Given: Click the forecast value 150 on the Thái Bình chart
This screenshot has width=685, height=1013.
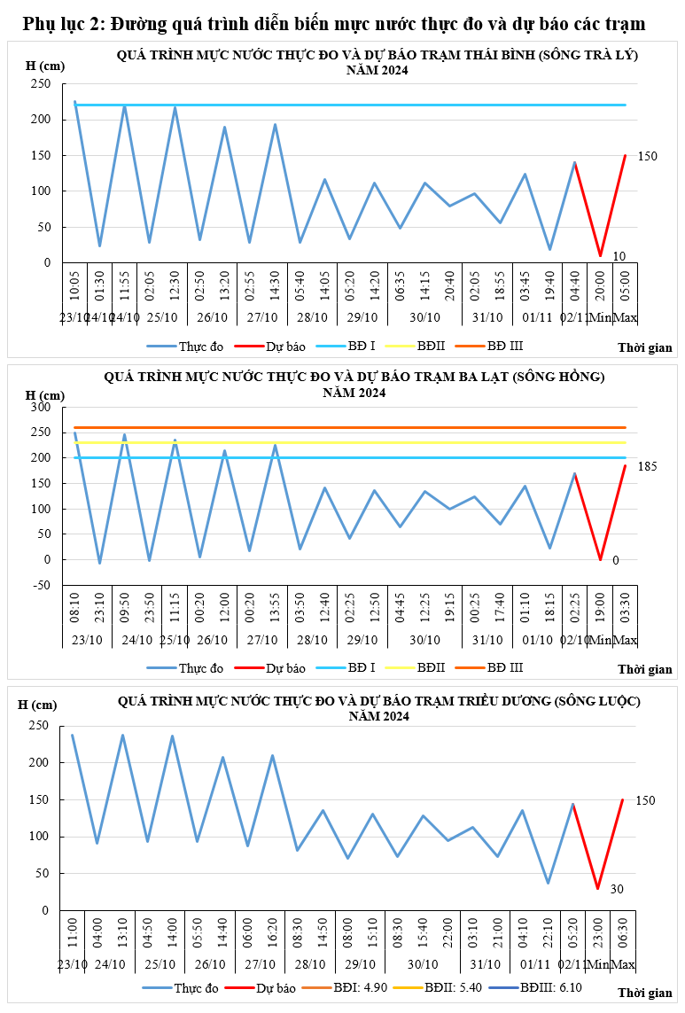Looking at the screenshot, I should click(647, 156).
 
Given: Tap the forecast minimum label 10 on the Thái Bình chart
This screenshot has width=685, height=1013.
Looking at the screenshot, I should click(619, 256).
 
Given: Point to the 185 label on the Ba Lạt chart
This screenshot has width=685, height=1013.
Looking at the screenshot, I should click(647, 466).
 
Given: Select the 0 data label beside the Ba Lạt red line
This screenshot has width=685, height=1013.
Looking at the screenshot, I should click(616, 560).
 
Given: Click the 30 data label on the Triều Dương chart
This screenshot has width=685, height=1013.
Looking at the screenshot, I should click(617, 889).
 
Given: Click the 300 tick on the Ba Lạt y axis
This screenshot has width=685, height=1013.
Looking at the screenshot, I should click(42, 407).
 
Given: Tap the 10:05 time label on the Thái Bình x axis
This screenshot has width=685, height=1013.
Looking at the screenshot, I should click(75, 287).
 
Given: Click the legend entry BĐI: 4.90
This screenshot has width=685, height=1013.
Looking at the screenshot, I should click(351, 987).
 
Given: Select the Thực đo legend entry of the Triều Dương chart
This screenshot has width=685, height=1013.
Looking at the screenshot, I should click(196, 987).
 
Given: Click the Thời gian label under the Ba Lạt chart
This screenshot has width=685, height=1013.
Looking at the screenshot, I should click(644, 669).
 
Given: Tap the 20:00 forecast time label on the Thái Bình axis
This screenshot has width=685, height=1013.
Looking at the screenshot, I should click(600, 287).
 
